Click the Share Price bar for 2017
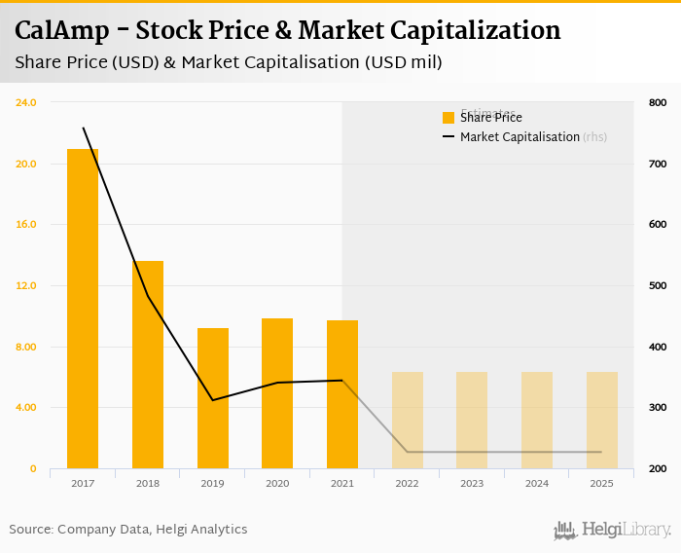83,309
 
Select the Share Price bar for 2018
148,364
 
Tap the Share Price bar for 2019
213,398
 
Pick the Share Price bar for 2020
277,393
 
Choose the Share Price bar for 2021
342,394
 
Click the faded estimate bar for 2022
408,420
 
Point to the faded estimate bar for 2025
602,420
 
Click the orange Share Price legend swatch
448,118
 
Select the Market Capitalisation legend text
520,137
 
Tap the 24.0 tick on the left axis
26,102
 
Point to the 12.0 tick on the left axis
26,285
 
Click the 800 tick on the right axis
658,102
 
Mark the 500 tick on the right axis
658,285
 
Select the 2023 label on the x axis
472,483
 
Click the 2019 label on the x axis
213,483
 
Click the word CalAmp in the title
61,30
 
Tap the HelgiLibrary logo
613,530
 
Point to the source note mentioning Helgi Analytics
128,530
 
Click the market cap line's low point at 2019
213,400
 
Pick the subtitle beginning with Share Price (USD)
229,62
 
